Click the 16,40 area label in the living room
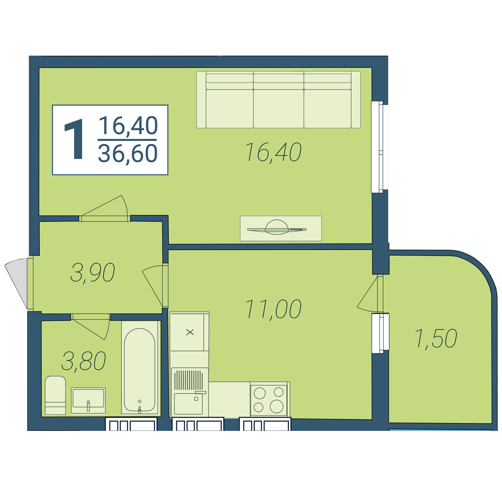(273, 152)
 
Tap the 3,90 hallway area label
(92, 272)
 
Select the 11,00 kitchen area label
(273, 309)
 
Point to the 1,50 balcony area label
(436, 339)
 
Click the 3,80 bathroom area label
(84, 361)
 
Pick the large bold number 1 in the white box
(75, 139)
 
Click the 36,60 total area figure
(128, 154)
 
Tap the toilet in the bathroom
(55, 395)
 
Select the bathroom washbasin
(88, 400)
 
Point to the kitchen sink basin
(188, 404)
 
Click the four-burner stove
(269, 401)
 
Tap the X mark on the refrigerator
(190, 332)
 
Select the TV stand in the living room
(281, 228)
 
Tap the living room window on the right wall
(379, 147)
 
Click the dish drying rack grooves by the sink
(188, 380)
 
